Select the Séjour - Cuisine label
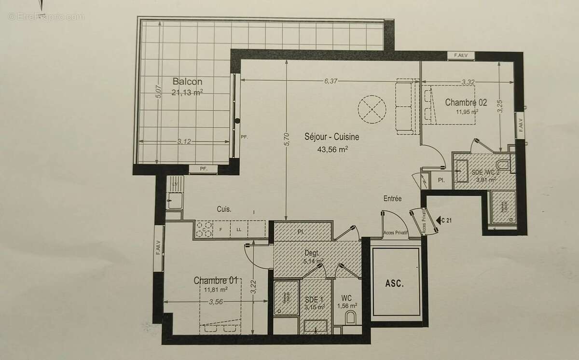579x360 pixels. [331, 137]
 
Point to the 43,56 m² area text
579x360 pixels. [332, 149]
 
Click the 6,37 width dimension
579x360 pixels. [331, 81]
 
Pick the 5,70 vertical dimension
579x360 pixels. [286, 139]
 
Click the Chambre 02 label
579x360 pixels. [466, 102]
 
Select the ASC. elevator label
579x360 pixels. [395, 283]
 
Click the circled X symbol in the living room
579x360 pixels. [372, 110]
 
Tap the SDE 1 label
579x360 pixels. [314, 300]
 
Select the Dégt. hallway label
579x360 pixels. [313, 253]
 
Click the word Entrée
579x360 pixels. [392, 198]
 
